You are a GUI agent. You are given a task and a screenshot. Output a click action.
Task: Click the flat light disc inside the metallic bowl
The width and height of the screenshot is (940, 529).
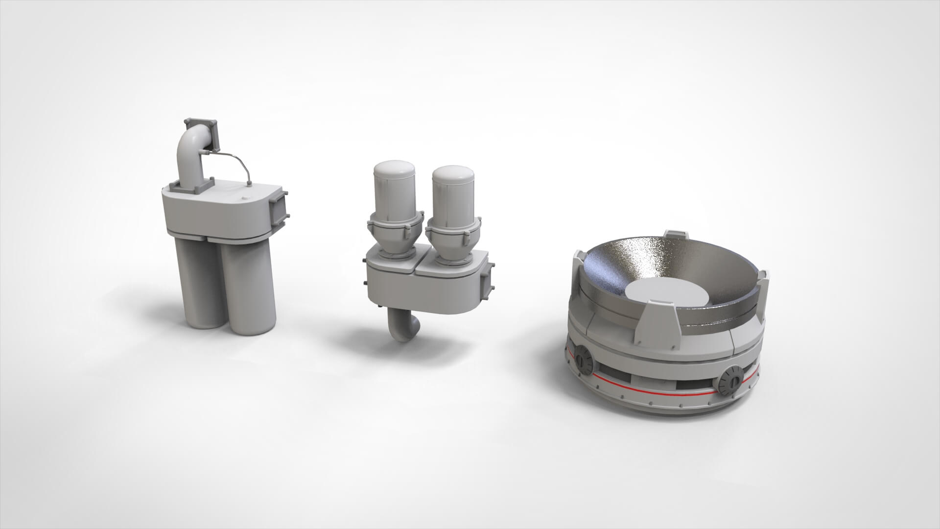tap(666, 296)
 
